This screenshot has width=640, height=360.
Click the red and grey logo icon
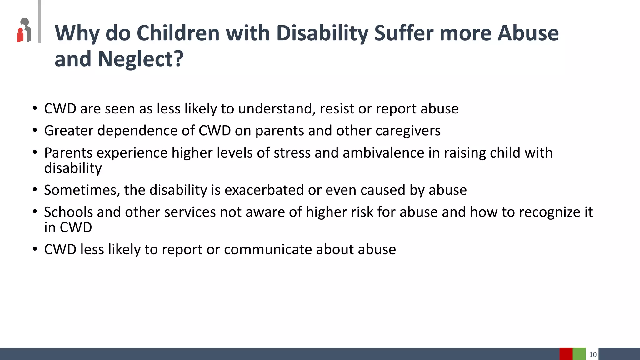tap(24, 31)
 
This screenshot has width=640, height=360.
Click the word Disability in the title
tap(322, 33)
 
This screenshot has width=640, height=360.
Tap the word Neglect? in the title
tap(141, 59)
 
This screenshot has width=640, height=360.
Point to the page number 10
tap(592, 355)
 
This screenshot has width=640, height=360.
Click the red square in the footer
tap(566, 354)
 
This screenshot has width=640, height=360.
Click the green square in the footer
tap(579, 354)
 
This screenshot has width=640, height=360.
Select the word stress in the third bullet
tap(292, 153)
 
